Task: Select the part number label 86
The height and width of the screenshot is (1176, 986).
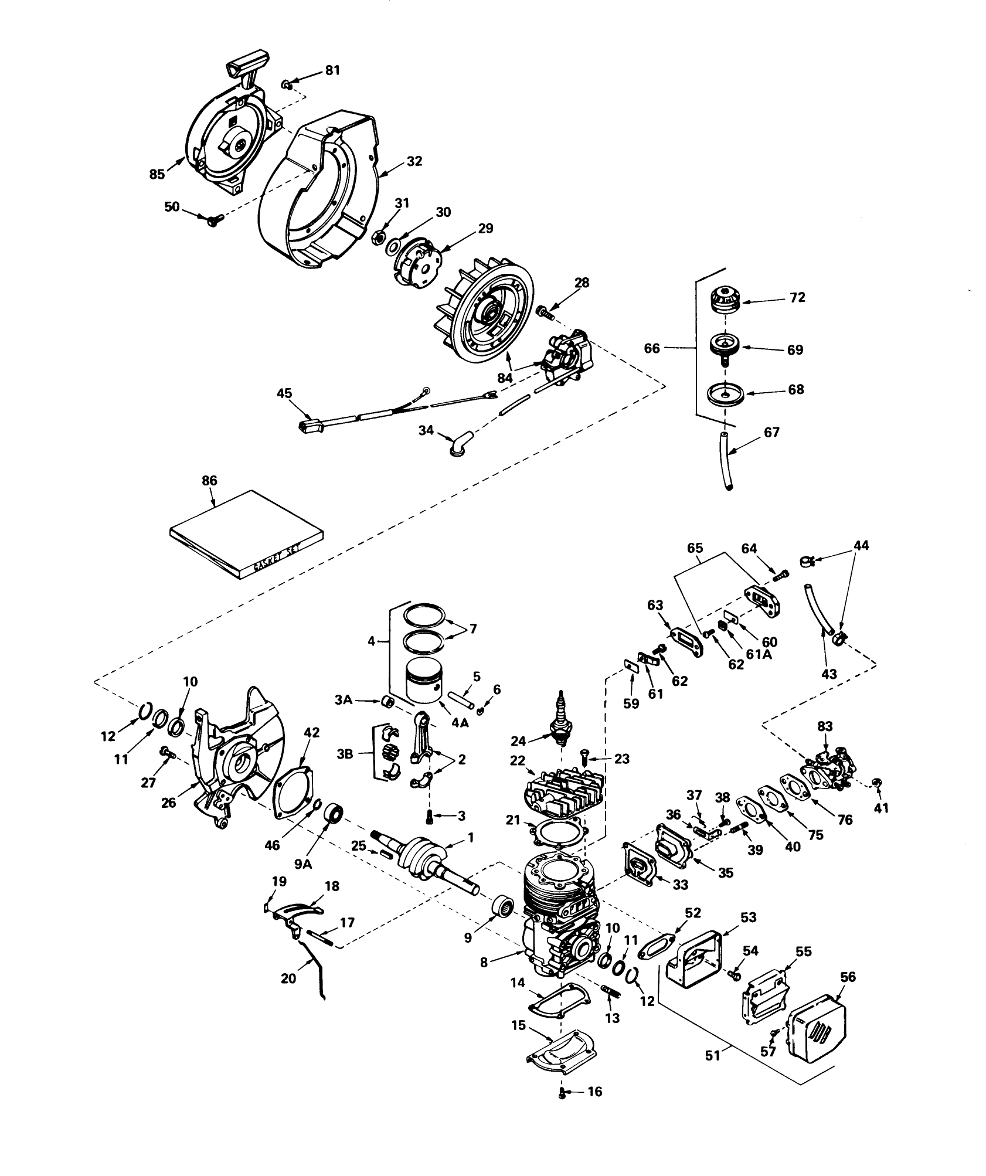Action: [209, 481]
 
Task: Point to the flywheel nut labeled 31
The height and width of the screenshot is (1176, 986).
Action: [378, 237]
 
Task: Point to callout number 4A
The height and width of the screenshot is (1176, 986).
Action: [460, 723]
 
